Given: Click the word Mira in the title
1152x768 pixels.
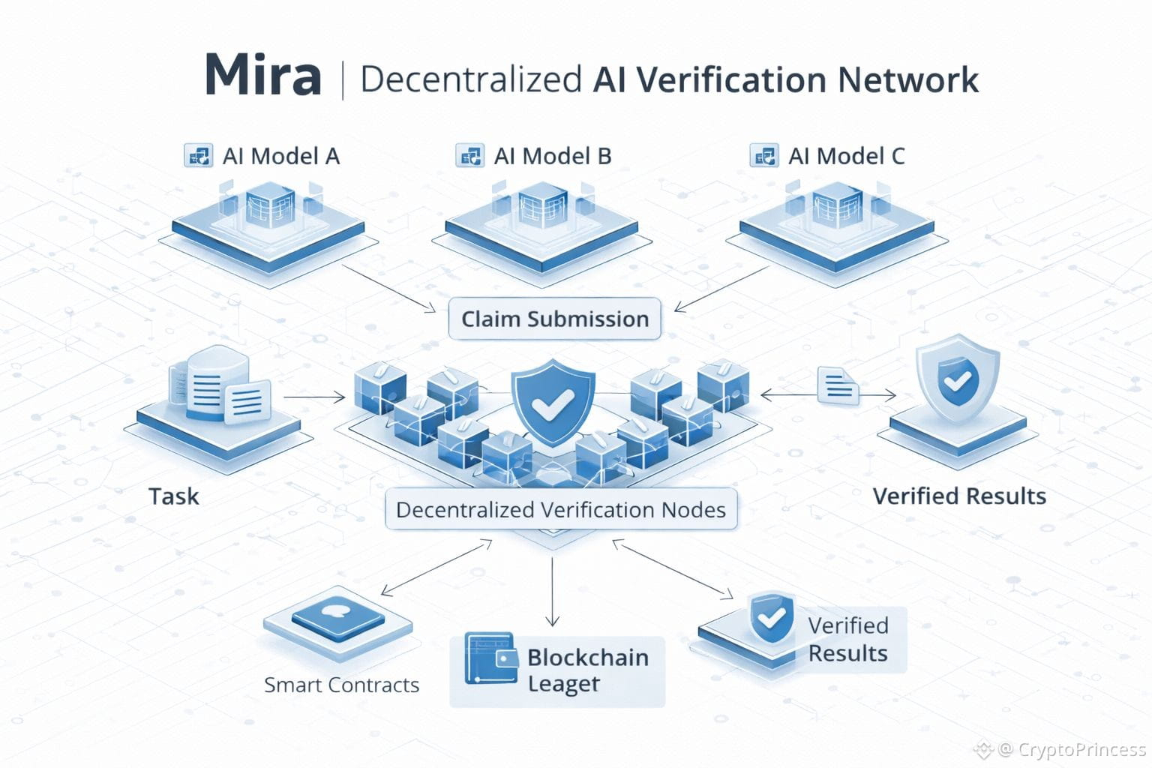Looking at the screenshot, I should click(262, 76).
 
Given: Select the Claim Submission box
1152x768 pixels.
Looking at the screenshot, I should click(554, 319).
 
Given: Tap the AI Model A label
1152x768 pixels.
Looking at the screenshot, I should click(280, 156).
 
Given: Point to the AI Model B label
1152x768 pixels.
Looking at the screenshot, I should click(552, 156).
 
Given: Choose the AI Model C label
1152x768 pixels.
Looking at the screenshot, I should click(846, 156).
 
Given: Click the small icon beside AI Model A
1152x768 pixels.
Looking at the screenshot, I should click(198, 156).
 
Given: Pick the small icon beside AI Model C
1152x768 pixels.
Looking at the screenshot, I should click(763, 156).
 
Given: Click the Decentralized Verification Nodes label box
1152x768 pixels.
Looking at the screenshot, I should click(560, 510).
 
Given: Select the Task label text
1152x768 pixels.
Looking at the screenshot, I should click(173, 496).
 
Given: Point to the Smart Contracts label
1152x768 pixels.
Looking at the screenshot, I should click(341, 685).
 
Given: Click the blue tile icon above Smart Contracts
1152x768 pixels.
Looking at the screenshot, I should click(337, 616).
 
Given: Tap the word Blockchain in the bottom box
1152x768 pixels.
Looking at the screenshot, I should click(587, 658).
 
